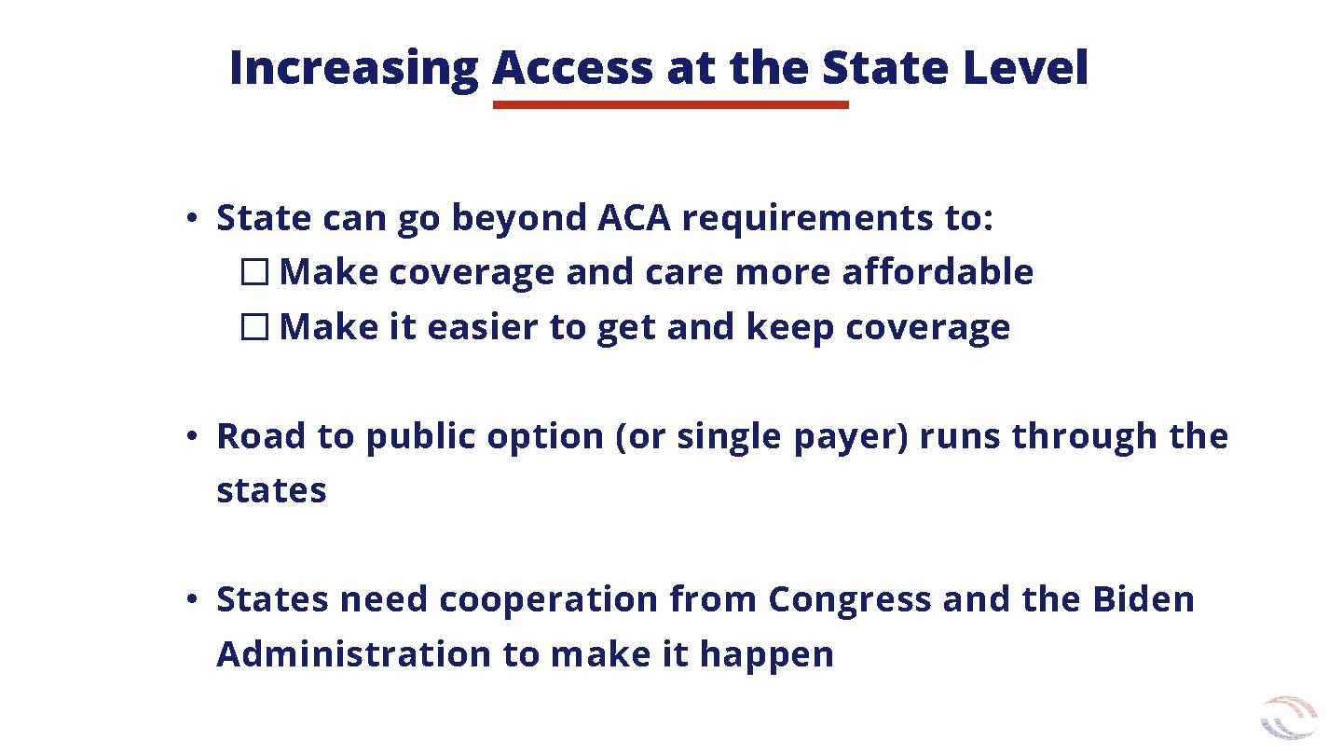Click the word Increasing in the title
point(352,68)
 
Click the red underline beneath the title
point(670,105)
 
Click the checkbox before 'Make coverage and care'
point(253,273)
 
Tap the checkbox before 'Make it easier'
point(253,328)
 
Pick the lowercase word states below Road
point(271,490)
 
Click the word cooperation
point(548,599)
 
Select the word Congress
point(849,599)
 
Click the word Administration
point(353,654)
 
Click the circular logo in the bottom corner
point(1289,719)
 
